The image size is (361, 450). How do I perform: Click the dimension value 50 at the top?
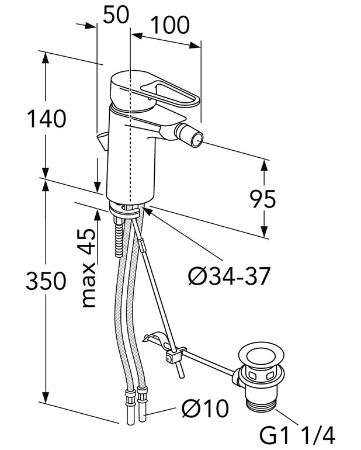point(115,16)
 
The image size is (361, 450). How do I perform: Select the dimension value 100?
point(169,25)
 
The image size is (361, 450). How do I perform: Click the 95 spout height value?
point(263,199)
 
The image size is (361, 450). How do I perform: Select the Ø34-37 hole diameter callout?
point(229,275)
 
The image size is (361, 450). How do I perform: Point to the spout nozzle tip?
point(197,138)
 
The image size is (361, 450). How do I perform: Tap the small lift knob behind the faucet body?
point(103,141)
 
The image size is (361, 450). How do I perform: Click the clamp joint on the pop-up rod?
point(173,356)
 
